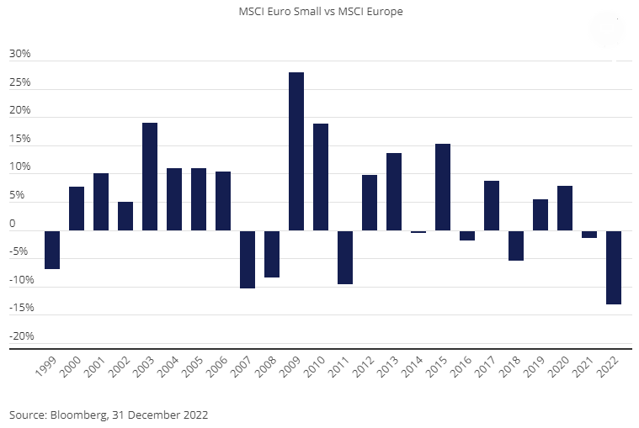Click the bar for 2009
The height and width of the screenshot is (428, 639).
tap(296, 151)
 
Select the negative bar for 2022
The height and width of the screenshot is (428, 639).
tap(614, 267)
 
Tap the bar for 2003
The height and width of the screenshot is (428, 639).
tap(150, 177)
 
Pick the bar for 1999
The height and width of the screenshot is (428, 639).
tap(52, 250)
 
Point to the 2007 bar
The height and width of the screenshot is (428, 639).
tap(248, 259)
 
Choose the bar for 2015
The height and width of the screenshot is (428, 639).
tap(443, 187)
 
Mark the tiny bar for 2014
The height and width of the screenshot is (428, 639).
tap(418, 231)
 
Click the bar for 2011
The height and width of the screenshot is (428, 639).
tap(345, 257)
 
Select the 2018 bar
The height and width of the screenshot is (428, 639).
tap(516, 246)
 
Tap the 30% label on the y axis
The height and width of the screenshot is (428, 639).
tap(19, 54)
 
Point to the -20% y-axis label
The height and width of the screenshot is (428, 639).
tap(20, 336)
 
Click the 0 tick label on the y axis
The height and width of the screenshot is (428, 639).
tap(13, 224)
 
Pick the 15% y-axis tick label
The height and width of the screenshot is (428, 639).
tap(19, 139)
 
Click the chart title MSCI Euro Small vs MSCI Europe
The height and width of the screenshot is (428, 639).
tap(319, 13)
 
